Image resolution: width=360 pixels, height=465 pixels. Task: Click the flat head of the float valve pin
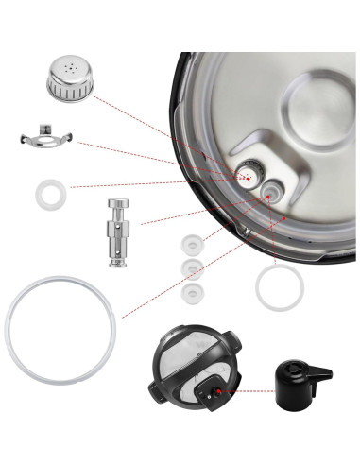(x=119, y=205)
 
